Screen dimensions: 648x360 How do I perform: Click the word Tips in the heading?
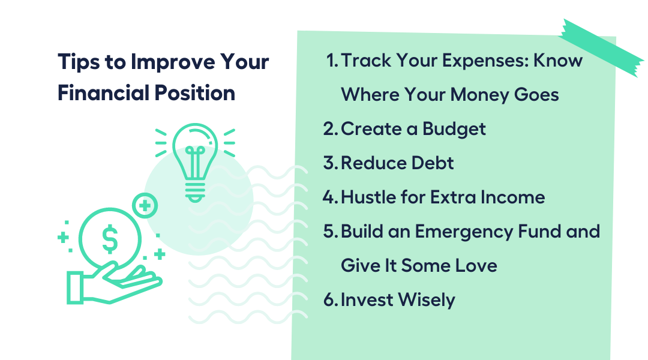click(x=79, y=62)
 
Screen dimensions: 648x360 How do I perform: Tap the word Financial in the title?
click(x=103, y=92)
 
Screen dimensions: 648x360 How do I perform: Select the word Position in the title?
click(x=194, y=92)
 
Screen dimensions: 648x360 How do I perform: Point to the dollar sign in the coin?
click(x=110, y=239)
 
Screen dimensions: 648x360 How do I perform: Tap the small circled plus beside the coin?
click(x=145, y=205)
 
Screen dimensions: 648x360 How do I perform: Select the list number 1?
click(x=332, y=61)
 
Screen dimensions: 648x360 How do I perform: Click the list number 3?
click(x=331, y=163)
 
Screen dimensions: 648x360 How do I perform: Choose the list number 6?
click(x=331, y=300)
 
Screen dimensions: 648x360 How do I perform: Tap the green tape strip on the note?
click(x=601, y=48)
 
